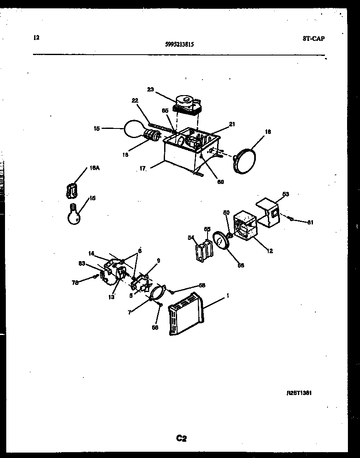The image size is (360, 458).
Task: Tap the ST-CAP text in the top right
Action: click(313, 39)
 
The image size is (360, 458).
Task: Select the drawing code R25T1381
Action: click(299, 393)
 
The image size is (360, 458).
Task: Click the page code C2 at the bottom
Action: click(181, 438)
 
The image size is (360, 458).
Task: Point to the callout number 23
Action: click(150, 89)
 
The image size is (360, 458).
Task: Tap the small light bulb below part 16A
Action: click(73, 214)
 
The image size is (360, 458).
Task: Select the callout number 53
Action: click(285, 194)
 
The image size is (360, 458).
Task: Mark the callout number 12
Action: click(270, 251)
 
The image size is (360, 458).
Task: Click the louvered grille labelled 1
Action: click(186, 314)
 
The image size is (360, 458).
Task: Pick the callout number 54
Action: click(191, 237)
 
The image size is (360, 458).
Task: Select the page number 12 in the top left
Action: click(36, 38)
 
